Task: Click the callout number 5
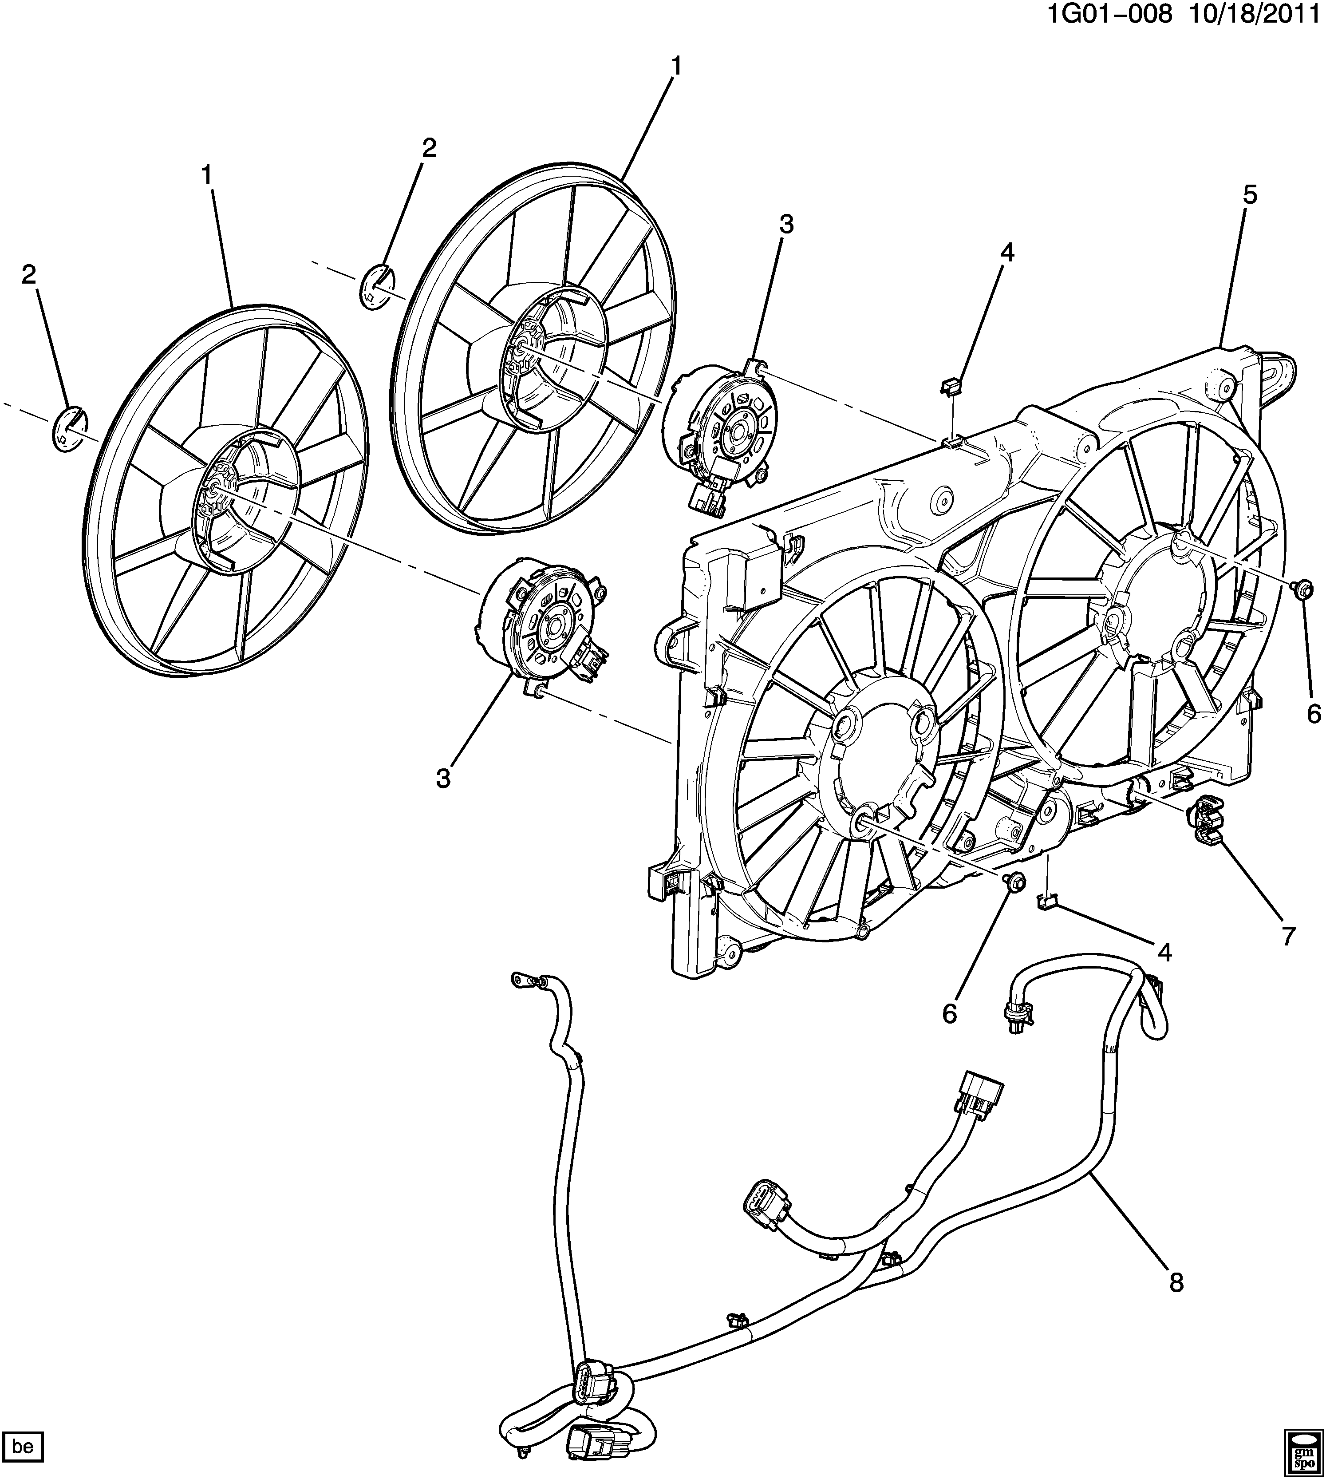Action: pyautogui.click(x=1250, y=195)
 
